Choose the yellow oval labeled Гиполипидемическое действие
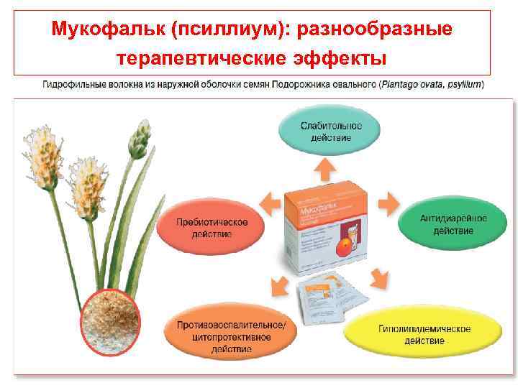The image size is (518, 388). (x=424, y=333)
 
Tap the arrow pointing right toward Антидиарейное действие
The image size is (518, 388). (x=388, y=203)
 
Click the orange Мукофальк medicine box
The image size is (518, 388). (x=324, y=230)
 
